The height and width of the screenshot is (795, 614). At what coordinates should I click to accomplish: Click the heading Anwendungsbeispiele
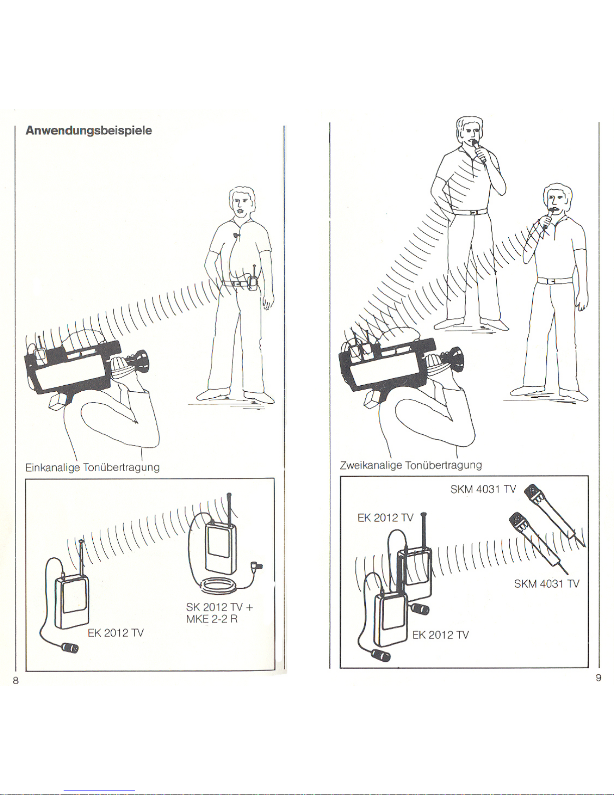[89, 130]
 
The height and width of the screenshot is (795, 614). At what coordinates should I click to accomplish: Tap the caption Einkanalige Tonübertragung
[93, 467]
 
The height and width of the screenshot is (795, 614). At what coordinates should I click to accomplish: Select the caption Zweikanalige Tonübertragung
[411, 465]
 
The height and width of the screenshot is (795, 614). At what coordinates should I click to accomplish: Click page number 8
[16, 680]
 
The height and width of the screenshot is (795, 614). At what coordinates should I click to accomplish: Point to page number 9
[598, 678]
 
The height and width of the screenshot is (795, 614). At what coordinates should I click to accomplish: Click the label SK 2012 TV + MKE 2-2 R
[219, 613]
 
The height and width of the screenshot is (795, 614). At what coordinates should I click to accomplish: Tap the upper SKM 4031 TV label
[483, 489]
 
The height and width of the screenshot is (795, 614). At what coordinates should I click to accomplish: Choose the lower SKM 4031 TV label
[546, 584]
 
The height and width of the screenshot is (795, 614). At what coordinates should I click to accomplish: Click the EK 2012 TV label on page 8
[116, 633]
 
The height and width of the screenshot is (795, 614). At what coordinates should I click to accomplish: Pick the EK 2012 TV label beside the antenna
[385, 518]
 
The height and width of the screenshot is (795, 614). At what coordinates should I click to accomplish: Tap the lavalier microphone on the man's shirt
[236, 234]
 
